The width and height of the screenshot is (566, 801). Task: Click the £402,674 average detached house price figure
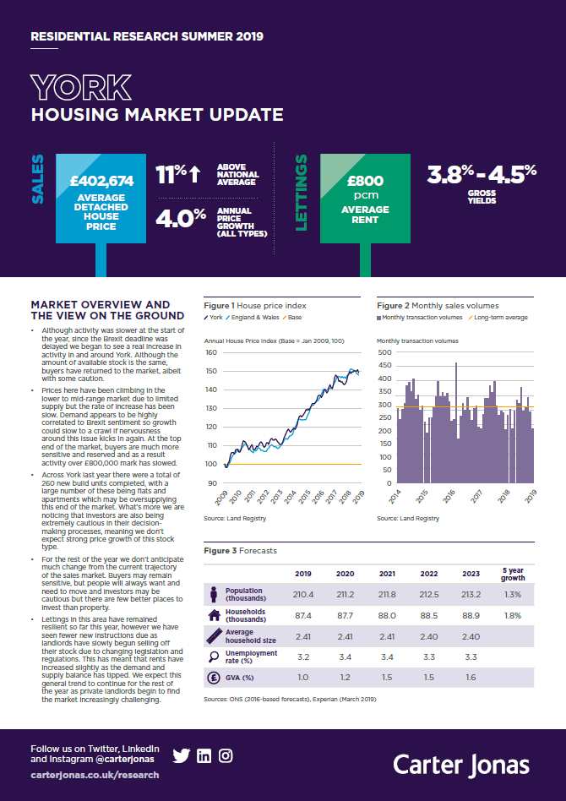(101, 180)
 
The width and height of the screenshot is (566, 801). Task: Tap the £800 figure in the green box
(366, 180)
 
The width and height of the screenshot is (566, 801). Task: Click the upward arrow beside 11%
(194, 174)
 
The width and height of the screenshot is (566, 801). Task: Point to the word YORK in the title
(81, 87)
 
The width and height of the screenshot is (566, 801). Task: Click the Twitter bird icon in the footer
(181, 756)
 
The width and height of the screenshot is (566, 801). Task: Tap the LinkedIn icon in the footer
(204, 756)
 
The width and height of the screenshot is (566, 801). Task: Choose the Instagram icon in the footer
(226, 756)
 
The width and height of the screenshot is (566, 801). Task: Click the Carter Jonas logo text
(461, 765)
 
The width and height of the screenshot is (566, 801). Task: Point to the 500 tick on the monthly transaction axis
(384, 352)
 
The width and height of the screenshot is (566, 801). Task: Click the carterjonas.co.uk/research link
(94, 775)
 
